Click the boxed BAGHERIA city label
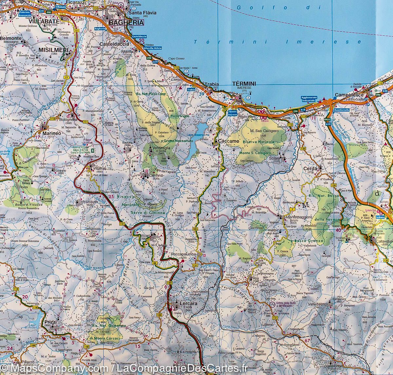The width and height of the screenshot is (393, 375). click(126, 23)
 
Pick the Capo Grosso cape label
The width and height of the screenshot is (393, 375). click(177, 59)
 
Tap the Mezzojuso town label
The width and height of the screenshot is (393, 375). click(89, 202)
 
